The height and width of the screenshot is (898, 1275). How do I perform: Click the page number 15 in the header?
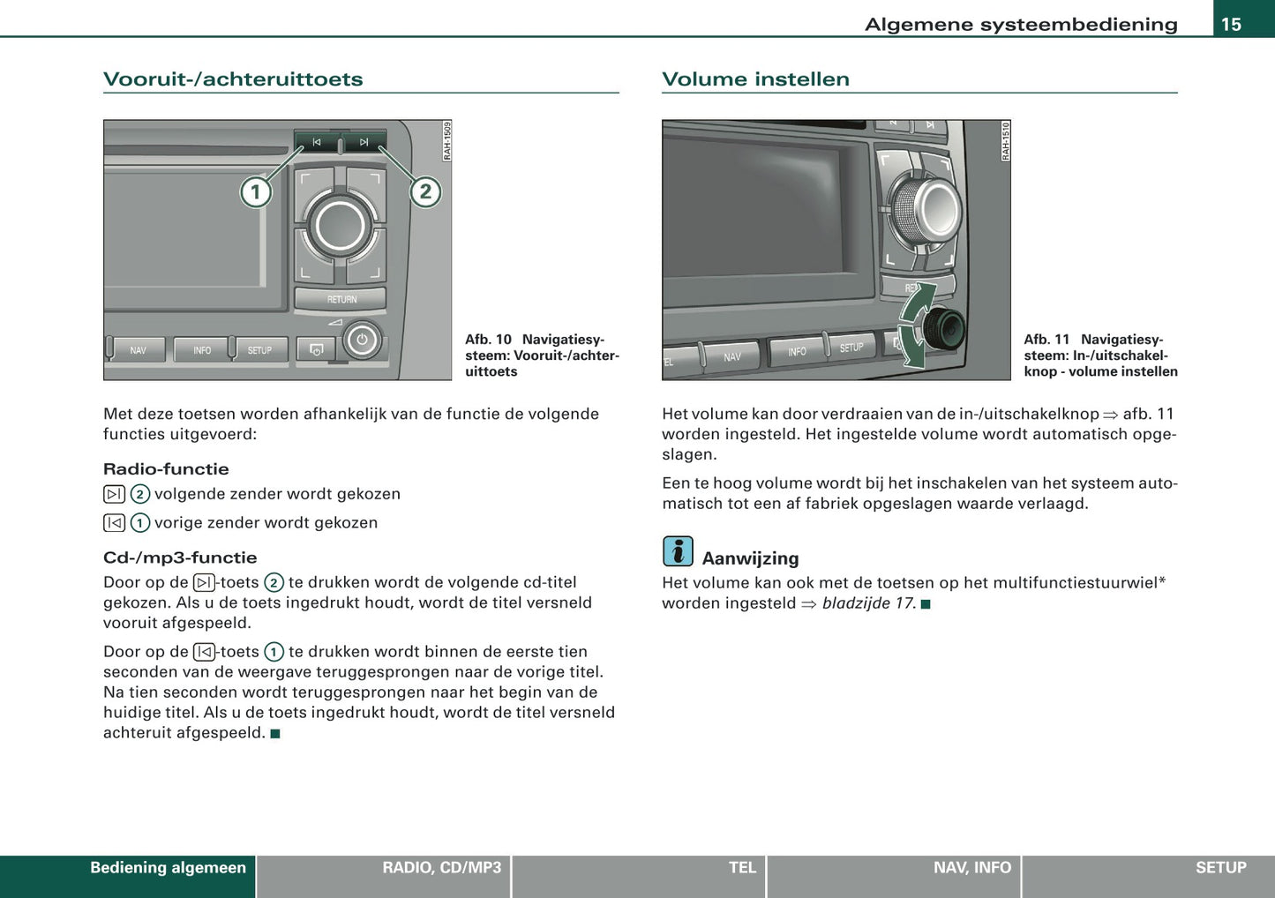tap(1231, 24)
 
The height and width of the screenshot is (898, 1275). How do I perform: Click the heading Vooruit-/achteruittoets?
tap(233, 79)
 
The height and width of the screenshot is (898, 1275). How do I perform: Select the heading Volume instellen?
tap(755, 79)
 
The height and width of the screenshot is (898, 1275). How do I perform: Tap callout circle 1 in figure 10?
tap(256, 192)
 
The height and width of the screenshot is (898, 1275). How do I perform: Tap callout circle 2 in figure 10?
tap(425, 191)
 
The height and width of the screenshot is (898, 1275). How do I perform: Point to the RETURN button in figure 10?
tap(341, 299)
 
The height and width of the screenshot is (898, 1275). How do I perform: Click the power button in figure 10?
tap(362, 340)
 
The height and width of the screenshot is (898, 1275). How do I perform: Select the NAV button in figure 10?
tap(139, 350)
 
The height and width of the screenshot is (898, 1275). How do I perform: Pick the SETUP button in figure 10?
tap(259, 350)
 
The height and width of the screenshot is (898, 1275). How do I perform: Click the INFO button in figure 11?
tap(797, 351)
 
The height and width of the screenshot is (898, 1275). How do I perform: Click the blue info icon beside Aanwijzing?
tap(678, 551)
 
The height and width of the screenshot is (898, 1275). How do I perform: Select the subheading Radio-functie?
tap(166, 469)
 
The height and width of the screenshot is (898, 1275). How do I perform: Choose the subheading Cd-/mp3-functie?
tap(180, 558)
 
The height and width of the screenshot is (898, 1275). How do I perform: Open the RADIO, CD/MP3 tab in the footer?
tap(441, 868)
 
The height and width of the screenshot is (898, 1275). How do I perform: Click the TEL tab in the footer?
tap(742, 868)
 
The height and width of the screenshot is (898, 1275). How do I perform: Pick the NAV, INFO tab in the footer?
tap(971, 868)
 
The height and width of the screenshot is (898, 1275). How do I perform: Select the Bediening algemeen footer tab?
tap(168, 868)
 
